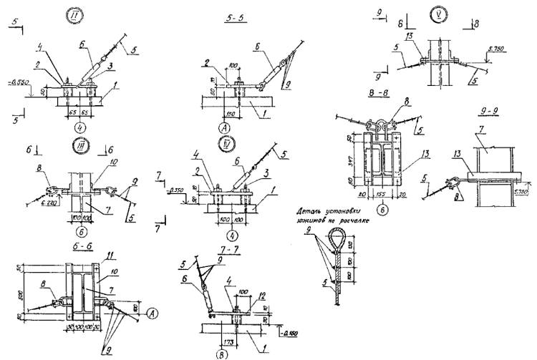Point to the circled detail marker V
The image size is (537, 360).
click(438, 14)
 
